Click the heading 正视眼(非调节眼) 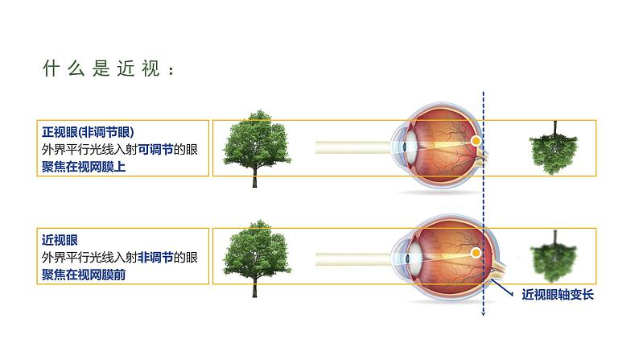pos(88,132)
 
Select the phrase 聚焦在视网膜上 pos(84,167)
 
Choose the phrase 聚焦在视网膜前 pos(84,275)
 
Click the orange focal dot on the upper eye pos(476,141)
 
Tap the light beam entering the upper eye pos(354,148)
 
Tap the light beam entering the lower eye pos(354,257)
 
